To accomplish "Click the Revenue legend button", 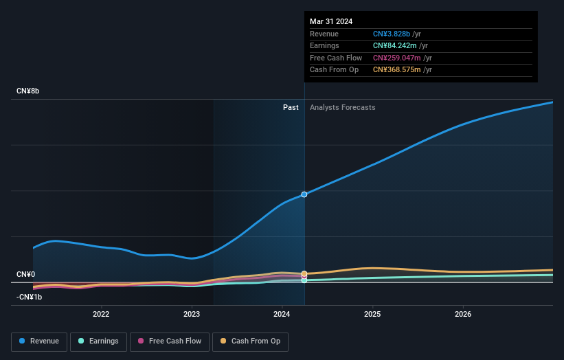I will click(39, 341).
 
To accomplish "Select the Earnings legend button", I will click(98, 341).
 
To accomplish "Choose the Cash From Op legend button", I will click(251, 341).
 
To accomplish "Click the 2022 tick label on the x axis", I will click(101, 315).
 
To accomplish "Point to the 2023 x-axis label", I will click(192, 315).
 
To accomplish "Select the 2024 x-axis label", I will click(282, 315).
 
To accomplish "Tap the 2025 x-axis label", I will click(372, 315).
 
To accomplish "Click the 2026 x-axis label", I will click(463, 315).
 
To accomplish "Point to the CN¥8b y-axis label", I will click(28, 91).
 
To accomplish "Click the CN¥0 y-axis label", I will click(26, 275).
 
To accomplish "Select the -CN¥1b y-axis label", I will click(30, 297).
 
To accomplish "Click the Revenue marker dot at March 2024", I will click(304, 194).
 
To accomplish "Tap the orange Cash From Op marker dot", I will click(304, 273).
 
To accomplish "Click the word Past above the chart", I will click(291, 107).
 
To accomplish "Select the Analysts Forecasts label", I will click(342, 107).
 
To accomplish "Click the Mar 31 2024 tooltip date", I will click(331, 21).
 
